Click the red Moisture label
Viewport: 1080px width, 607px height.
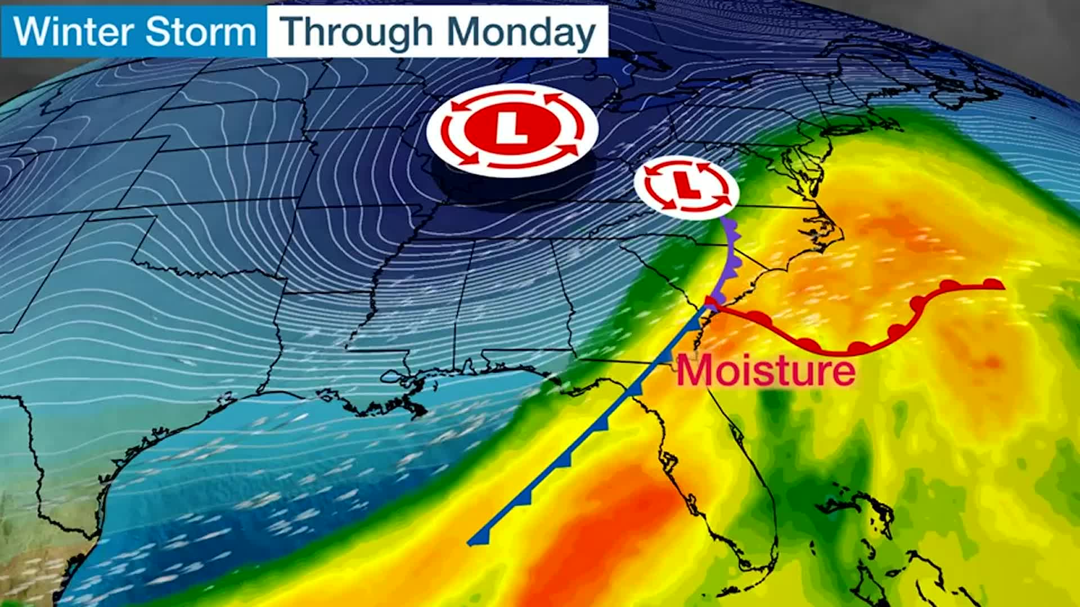click(x=766, y=371)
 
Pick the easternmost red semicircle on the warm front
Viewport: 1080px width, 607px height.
click(x=993, y=283)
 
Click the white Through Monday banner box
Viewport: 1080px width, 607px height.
click(x=437, y=31)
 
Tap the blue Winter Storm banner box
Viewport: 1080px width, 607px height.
click(x=134, y=31)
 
